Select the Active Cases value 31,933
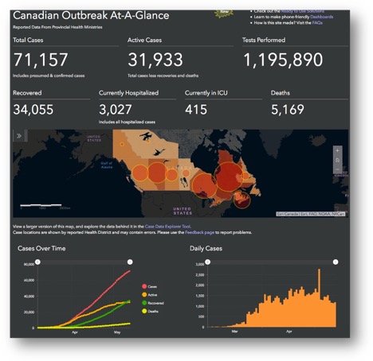click(155, 60)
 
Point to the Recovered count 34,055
click(39, 110)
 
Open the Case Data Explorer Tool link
click(168, 227)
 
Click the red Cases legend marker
click(143, 287)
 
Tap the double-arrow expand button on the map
click(19, 137)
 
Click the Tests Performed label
click(269, 39)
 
